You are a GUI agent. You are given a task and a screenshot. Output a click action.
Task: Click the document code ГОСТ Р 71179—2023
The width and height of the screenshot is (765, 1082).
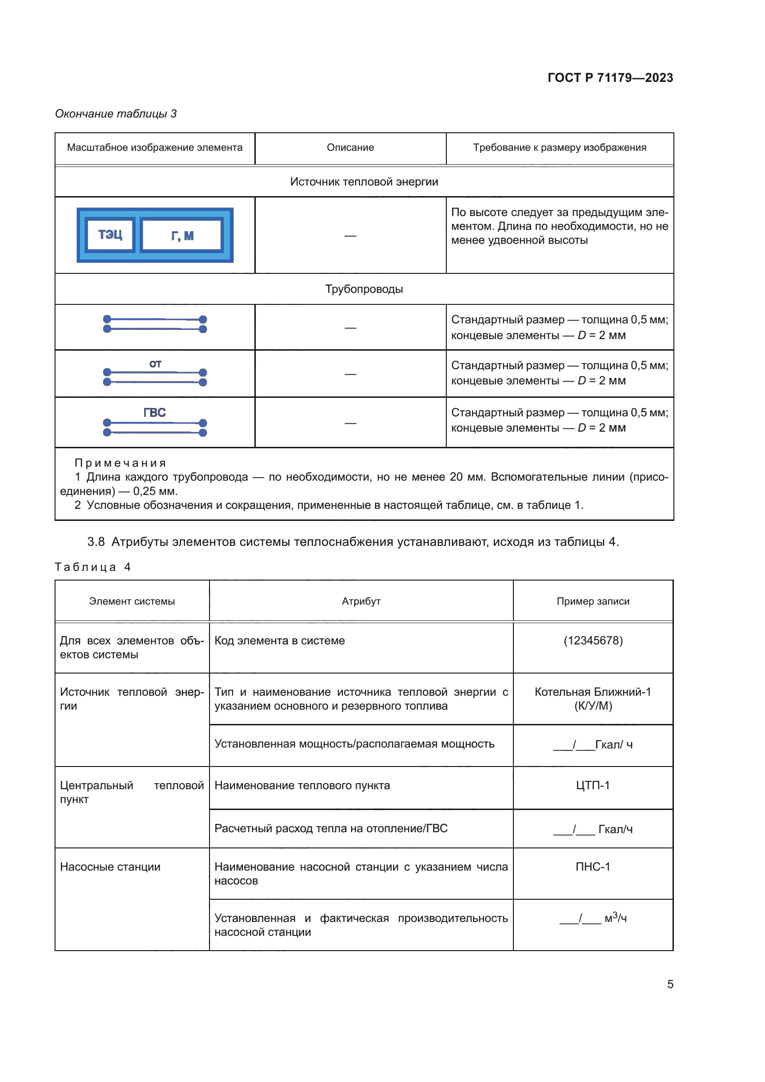point(610,78)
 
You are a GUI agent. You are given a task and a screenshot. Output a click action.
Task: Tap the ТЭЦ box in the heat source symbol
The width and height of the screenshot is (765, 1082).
point(110,235)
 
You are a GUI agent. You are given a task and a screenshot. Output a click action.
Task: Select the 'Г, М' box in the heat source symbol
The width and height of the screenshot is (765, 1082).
point(182,235)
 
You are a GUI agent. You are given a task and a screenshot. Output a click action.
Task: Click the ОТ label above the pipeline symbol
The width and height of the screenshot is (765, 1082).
point(155,364)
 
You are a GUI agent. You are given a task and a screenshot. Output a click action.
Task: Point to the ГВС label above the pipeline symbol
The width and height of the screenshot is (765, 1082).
point(154,413)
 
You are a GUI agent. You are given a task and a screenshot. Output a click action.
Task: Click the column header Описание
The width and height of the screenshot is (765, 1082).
point(350,148)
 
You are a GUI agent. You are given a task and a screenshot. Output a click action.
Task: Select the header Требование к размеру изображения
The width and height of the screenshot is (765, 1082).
point(559,148)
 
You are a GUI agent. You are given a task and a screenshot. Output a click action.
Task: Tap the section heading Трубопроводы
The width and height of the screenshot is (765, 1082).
point(364,289)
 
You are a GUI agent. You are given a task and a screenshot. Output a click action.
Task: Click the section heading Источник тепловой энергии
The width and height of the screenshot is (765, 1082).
point(364,182)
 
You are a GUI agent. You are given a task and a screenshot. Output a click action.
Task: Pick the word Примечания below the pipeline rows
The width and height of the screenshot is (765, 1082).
point(121,463)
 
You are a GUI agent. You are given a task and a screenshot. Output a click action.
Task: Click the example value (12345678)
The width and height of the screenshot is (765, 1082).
point(592,641)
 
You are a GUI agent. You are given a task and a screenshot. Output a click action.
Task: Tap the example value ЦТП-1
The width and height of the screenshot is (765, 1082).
point(592,785)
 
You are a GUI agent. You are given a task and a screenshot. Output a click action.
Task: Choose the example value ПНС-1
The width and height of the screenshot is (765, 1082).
point(592,867)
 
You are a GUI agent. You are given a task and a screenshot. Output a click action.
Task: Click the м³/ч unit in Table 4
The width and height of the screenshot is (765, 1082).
point(615,918)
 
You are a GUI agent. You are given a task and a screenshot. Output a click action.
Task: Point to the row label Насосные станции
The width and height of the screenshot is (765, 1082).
point(110,867)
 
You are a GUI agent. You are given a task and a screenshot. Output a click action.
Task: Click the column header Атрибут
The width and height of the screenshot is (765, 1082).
point(361,601)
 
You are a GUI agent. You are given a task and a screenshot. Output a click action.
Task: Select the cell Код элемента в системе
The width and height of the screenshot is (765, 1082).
point(279,641)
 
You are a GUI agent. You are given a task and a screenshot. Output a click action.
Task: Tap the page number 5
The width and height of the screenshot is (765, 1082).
point(670,984)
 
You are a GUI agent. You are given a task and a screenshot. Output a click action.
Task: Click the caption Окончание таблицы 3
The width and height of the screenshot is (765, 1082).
point(116,114)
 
